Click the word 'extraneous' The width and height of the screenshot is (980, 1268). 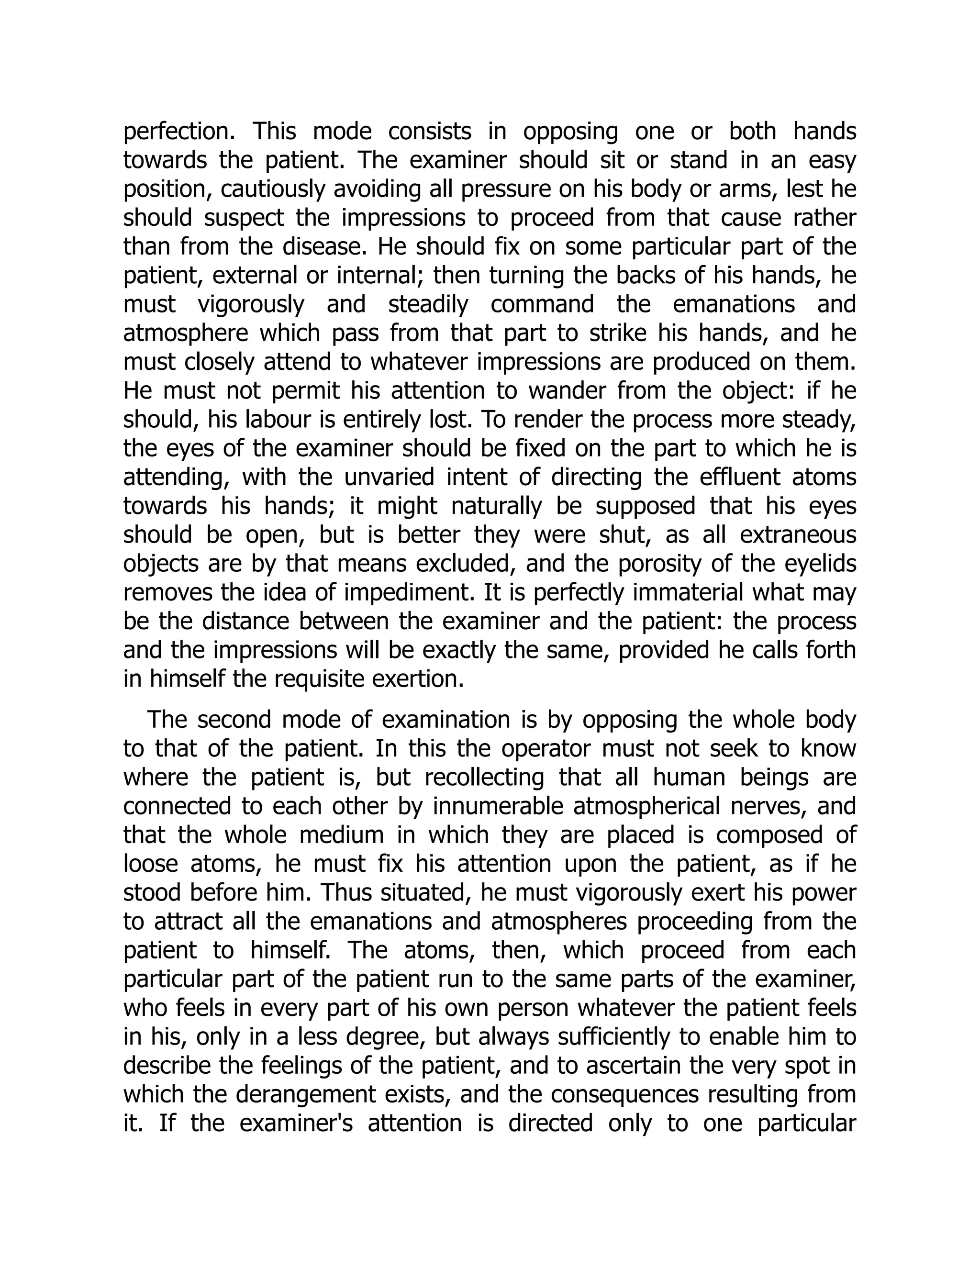tap(798, 535)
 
